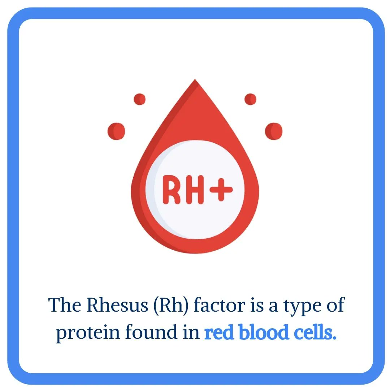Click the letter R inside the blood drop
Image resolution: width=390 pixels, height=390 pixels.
(172, 189)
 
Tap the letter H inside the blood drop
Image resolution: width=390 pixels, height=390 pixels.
(195, 189)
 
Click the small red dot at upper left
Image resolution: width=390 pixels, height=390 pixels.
(140, 99)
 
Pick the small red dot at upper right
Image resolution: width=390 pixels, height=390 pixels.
(250, 99)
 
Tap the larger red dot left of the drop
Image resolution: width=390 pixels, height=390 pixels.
(116, 131)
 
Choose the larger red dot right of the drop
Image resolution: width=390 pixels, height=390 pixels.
(274, 131)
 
